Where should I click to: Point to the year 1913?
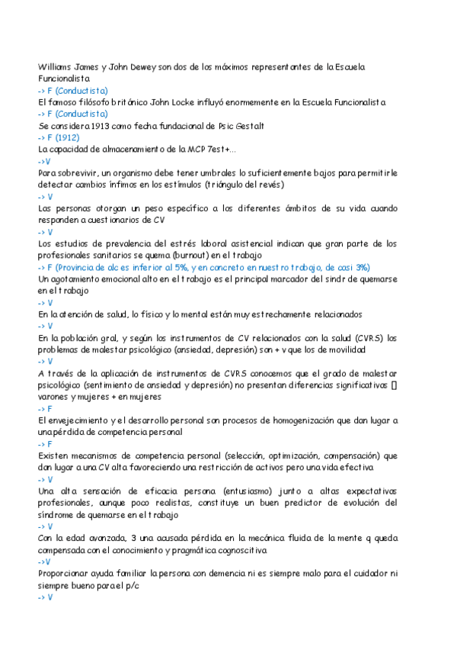(x=109, y=125)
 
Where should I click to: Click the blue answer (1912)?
(x=70, y=137)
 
